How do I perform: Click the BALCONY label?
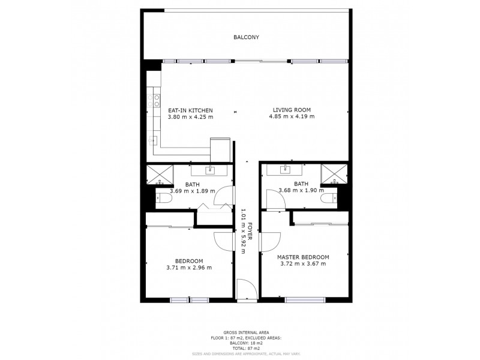[x=245, y=37]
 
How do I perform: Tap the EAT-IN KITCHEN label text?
[x=191, y=110]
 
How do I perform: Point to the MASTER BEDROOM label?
[x=302, y=257]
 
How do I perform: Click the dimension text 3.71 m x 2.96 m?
[x=190, y=268]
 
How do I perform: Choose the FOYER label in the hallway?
[x=250, y=232]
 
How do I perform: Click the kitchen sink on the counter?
[x=150, y=140]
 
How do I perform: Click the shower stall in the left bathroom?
[x=160, y=173]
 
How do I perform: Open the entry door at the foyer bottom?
[x=247, y=290]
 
